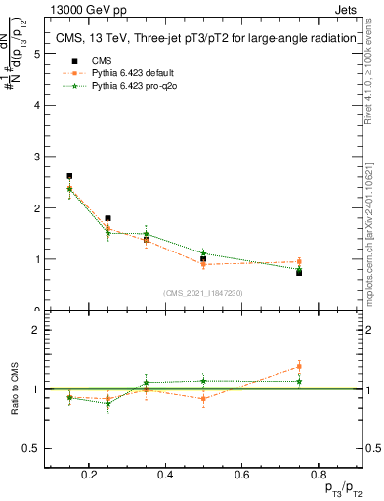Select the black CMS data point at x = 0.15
coord(69,176)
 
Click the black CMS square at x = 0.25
coord(107,218)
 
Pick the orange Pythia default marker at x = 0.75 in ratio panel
coord(299,367)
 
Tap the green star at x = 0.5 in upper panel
coord(203,253)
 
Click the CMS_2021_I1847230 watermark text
coord(203,293)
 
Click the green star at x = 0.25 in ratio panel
coord(107,403)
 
